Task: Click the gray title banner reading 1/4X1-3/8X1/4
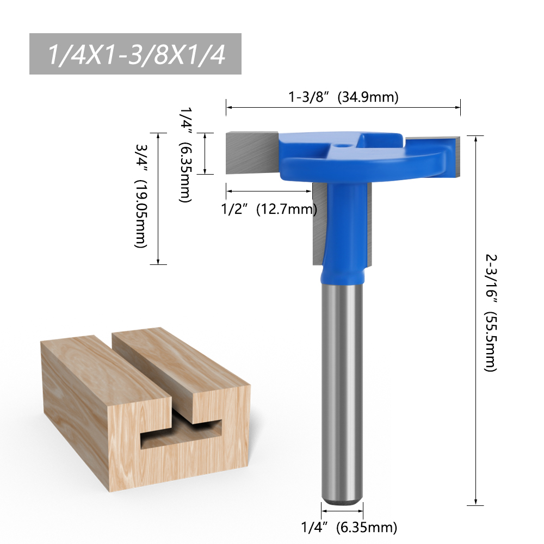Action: [135, 54]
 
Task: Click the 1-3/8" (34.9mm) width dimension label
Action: [343, 97]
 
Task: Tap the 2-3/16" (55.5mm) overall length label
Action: [490, 312]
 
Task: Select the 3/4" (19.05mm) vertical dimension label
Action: [140, 199]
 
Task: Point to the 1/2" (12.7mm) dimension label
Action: [270, 208]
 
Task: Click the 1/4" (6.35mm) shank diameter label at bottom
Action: [349, 527]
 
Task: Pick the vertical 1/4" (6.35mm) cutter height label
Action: [186, 154]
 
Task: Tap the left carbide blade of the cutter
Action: [250, 153]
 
